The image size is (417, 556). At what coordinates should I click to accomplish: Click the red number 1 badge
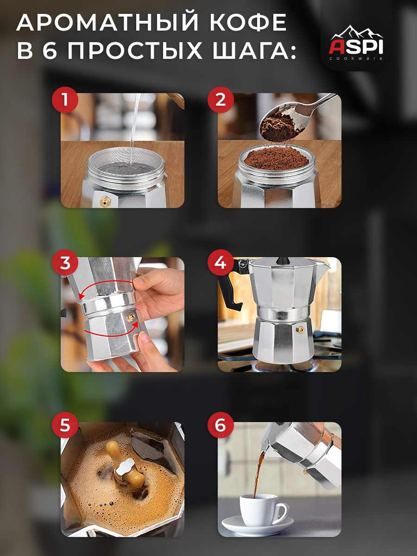point(65,100)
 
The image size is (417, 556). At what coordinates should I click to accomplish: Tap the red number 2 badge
point(221,100)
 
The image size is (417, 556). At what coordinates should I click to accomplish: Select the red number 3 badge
point(65,263)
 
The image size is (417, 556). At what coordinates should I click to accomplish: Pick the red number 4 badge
point(221,263)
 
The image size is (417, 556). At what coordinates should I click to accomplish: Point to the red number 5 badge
point(65,425)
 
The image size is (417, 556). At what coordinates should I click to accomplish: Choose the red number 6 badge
point(221,425)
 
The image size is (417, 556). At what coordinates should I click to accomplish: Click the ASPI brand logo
point(356,43)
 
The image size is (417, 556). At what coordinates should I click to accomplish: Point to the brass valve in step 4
point(300,329)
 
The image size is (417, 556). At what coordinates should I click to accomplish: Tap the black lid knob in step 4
point(283,261)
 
